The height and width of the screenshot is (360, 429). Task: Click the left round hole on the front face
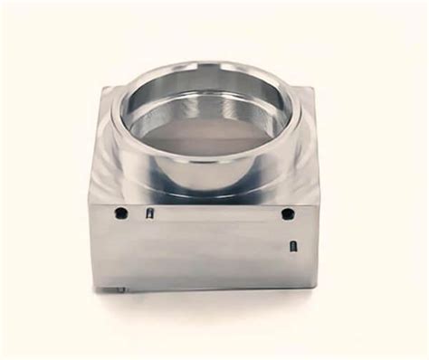(119, 214)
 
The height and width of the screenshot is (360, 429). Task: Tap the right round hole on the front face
(288, 214)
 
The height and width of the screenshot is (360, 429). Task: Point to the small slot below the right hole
(292, 245)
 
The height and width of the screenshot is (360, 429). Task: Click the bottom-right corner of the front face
(315, 286)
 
